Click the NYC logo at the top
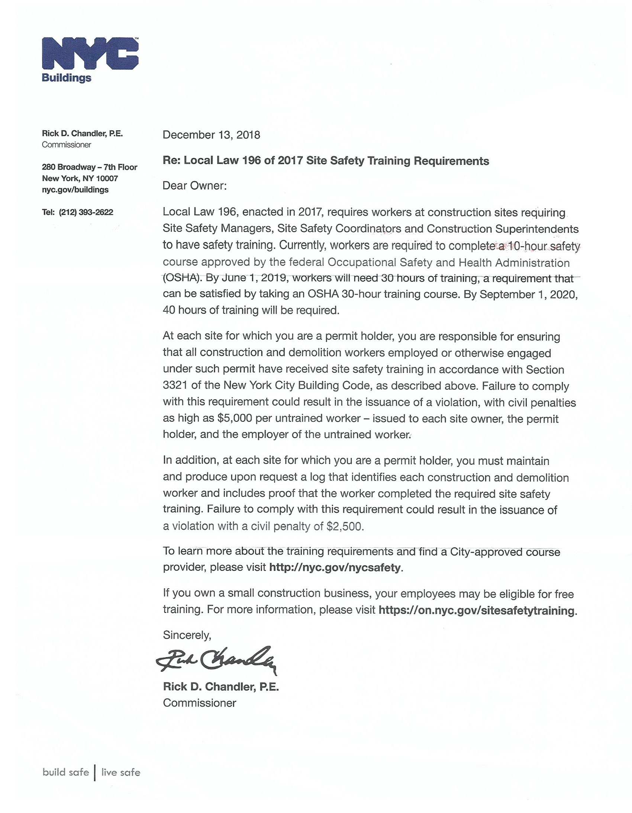90,54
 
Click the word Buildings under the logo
66,78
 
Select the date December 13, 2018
211,135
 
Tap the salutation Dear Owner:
194,185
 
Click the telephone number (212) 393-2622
86,212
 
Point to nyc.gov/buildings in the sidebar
75,190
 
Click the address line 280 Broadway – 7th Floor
89,167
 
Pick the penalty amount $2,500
344,526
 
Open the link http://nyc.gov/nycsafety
335,567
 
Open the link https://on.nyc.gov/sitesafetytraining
476,611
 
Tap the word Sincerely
187,635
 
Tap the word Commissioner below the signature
200,703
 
